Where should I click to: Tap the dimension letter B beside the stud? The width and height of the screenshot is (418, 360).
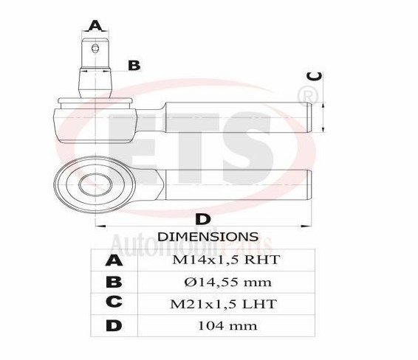pyautogui.click(x=134, y=66)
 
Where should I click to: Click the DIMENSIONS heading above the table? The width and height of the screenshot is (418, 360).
pyautogui.click(x=208, y=237)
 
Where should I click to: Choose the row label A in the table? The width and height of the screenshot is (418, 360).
pyautogui.click(x=114, y=260)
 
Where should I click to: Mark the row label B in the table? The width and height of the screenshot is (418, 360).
pyautogui.click(x=114, y=282)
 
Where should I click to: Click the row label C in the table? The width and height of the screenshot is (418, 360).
pyautogui.click(x=114, y=304)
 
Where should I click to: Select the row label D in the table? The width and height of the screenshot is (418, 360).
pyautogui.click(x=114, y=325)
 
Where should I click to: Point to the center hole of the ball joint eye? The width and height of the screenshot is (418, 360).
pyautogui.click(x=95, y=181)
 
